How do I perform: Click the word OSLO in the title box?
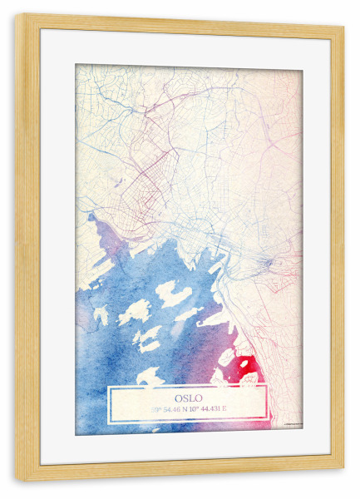188,397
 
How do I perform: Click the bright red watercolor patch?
249,367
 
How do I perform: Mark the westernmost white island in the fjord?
101,315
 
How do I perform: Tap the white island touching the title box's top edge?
150,378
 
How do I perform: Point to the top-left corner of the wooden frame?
18,17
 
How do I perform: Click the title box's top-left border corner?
108,385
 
